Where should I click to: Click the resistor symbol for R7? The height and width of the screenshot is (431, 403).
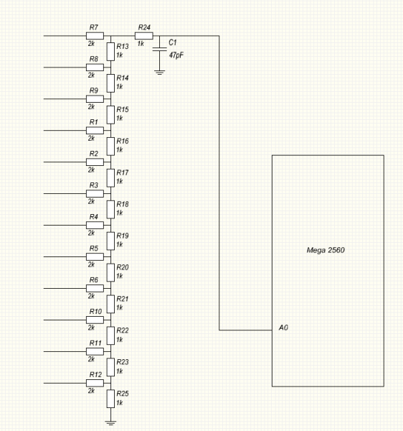95,36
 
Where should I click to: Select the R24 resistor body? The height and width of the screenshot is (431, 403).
143,36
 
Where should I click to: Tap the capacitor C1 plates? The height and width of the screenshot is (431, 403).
159,49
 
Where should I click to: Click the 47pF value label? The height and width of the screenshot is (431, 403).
176,55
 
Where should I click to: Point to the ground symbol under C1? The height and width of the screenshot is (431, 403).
159,73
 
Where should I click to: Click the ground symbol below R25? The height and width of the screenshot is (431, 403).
110,423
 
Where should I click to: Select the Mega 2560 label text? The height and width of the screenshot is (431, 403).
326,250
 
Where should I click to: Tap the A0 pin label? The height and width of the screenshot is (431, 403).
283,328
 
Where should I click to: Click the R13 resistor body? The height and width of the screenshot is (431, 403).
110,52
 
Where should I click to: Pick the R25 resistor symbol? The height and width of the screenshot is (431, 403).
110,399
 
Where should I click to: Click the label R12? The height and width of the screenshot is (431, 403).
95,374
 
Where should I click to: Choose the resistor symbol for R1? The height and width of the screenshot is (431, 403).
95,130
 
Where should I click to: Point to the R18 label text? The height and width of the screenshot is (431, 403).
123,204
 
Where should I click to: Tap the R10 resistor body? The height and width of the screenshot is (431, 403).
95,320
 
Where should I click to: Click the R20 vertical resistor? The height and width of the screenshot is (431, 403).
110,272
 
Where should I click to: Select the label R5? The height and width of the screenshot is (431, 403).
93,249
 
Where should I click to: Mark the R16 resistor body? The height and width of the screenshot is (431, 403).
110,147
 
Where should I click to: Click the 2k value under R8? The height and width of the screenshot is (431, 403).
91,75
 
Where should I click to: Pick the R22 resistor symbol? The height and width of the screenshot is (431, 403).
110,335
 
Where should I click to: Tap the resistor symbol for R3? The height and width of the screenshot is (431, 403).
95,193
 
